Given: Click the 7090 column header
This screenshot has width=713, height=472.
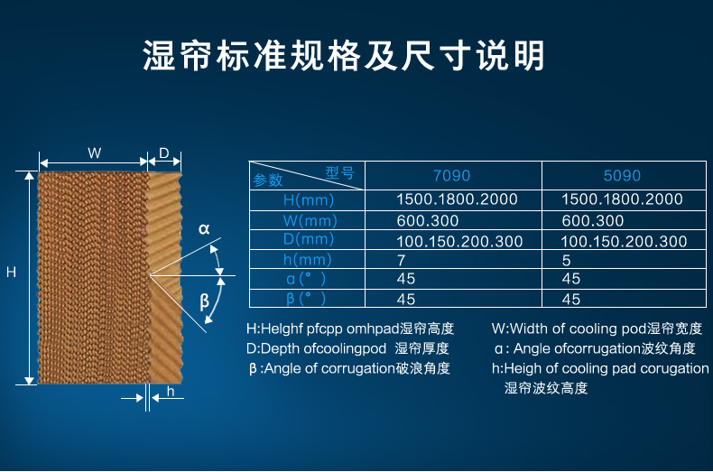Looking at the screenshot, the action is [x=451, y=176].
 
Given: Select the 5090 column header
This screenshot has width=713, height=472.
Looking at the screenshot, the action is [x=622, y=176].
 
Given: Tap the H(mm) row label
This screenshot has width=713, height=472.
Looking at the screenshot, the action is [x=309, y=200].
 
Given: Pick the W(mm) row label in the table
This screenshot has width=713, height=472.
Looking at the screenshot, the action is [x=310, y=221].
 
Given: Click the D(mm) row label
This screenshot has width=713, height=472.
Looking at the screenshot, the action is [x=309, y=239].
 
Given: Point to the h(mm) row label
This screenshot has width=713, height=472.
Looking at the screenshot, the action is [x=308, y=260].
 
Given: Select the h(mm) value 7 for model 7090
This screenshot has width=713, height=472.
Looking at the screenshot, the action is [x=401, y=261].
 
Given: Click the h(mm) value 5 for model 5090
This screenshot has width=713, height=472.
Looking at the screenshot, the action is [x=566, y=261].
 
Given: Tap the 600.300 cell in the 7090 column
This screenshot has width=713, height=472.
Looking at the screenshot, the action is [x=428, y=221].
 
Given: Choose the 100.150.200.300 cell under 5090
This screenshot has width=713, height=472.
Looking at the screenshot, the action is [x=624, y=242].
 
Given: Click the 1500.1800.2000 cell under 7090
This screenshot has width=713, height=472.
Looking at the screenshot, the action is [x=457, y=199].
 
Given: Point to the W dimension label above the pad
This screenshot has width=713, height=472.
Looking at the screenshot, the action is [x=95, y=153].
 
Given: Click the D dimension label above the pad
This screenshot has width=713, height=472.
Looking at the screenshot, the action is [x=164, y=153].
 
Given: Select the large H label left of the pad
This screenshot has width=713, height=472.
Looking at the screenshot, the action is [x=12, y=272].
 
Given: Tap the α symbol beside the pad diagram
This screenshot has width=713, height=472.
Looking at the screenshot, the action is [x=204, y=228].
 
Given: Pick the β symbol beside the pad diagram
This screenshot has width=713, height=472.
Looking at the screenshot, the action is [x=205, y=301].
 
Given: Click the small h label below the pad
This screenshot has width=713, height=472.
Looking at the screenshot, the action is [x=171, y=391].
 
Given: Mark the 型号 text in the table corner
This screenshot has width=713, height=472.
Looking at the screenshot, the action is [x=339, y=172].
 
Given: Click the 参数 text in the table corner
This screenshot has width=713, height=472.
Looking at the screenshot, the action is [x=268, y=180].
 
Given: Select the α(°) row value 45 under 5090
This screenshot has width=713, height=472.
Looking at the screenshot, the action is [x=570, y=279].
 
